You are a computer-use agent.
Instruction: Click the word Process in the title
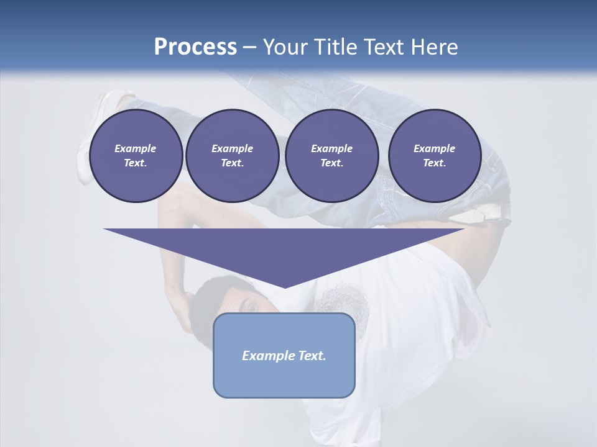tap(195, 47)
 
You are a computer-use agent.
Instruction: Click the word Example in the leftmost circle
tap(136, 148)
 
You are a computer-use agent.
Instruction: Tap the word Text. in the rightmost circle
tap(435, 163)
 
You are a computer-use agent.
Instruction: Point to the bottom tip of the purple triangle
tap(285, 286)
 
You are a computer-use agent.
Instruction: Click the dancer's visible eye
tap(252, 305)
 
